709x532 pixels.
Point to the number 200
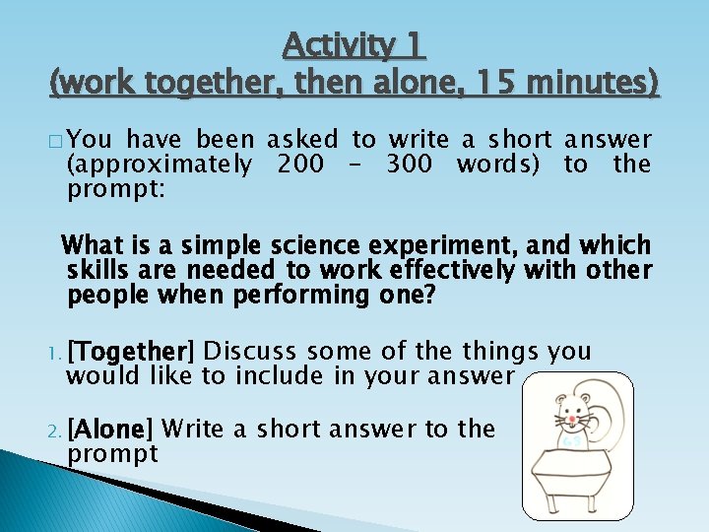point(300,165)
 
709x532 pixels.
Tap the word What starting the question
point(97,245)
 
